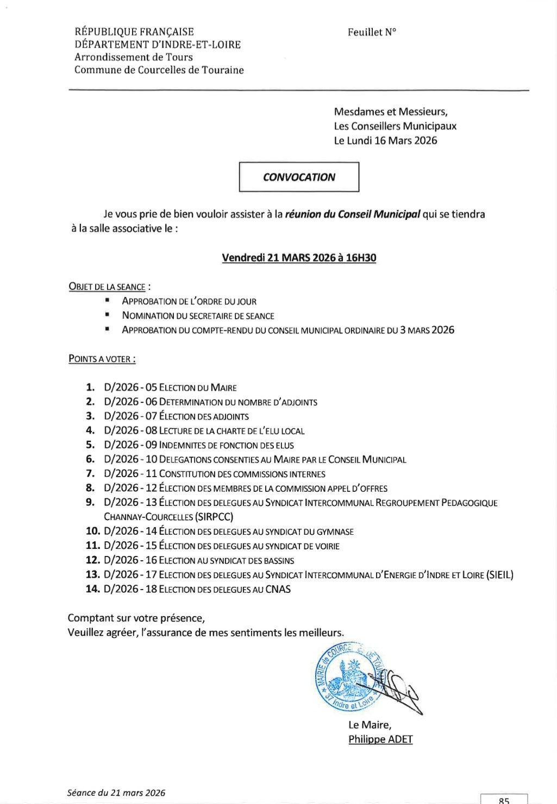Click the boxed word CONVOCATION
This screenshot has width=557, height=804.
(x=299, y=177)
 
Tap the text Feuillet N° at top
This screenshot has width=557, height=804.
(x=372, y=32)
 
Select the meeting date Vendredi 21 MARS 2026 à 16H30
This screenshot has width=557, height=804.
(x=299, y=258)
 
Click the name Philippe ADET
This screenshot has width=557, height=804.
(x=380, y=739)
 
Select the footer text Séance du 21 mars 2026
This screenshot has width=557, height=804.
(x=116, y=793)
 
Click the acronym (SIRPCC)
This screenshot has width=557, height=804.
(x=214, y=517)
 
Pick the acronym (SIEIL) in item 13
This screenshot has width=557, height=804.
(x=500, y=574)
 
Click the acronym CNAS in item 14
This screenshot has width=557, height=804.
(x=278, y=589)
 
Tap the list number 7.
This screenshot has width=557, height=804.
(x=90, y=473)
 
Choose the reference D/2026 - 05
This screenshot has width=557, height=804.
(x=130, y=388)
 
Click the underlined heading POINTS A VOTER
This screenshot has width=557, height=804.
(x=101, y=359)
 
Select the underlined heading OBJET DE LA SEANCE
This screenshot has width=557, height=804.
(x=108, y=287)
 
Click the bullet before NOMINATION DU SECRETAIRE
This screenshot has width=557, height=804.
(x=108, y=315)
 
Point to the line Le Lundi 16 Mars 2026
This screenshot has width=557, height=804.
(x=385, y=141)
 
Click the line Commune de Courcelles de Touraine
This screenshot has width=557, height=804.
(x=159, y=70)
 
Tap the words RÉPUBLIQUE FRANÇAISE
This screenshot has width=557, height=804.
(x=134, y=32)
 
